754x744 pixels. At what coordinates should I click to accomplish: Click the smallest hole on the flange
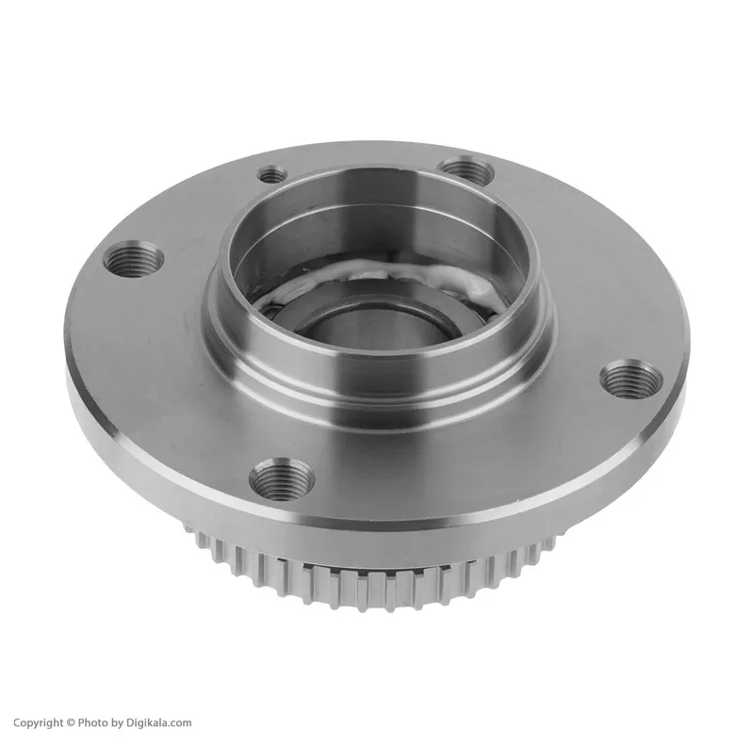pos(272,174)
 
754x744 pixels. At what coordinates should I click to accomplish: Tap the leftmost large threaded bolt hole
pos(133,260)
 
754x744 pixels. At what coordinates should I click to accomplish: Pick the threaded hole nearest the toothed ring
pos(281,477)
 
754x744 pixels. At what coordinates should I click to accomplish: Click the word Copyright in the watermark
pos(38,722)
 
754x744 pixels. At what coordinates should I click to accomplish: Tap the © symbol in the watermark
pos(71,722)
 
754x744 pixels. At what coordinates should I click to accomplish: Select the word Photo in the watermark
pos(93,722)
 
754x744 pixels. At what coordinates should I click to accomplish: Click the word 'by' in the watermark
pos(117,723)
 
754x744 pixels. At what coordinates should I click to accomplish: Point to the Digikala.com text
pos(158,722)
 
